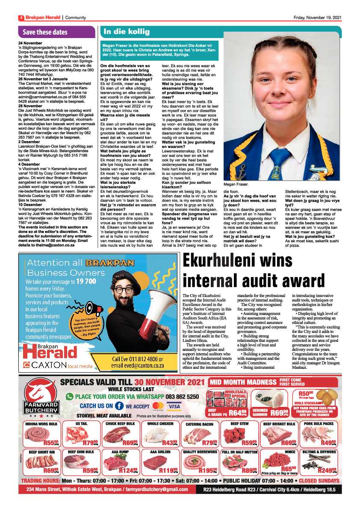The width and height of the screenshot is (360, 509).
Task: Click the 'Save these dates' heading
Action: point(45,32)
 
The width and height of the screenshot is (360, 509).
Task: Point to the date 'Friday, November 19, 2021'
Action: point(317,18)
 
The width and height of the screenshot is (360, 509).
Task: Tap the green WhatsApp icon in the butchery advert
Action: point(70,396)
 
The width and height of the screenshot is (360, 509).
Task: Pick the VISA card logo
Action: point(174,406)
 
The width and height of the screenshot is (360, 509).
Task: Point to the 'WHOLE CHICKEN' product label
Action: point(160,424)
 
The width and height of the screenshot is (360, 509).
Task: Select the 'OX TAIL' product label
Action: point(81,424)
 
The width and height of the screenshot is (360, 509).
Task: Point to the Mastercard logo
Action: point(158,406)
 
